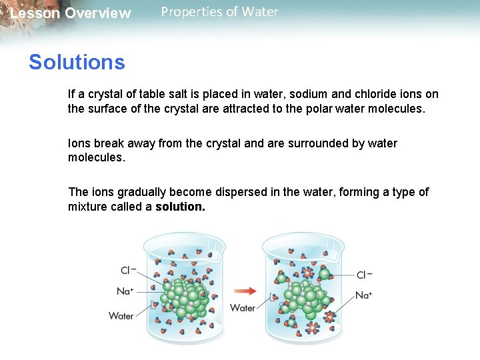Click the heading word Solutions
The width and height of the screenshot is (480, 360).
point(77,63)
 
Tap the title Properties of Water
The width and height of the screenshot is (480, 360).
point(219,12)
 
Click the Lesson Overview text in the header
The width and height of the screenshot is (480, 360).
point(71,13)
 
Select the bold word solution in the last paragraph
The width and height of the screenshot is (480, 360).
point(180,207)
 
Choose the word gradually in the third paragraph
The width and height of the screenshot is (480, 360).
point(141,192)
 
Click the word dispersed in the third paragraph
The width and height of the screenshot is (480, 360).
point(242,192)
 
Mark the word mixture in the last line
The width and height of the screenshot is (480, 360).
point(89,207)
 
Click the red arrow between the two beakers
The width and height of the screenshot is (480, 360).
point(246,291)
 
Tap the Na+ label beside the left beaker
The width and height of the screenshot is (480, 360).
point(125,291)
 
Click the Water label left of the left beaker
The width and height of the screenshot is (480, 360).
point(121,315)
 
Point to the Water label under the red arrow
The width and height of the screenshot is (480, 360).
point(243,307)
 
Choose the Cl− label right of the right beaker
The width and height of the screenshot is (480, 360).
point(364,275)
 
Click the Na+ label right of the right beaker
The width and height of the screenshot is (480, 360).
point(364,295)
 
